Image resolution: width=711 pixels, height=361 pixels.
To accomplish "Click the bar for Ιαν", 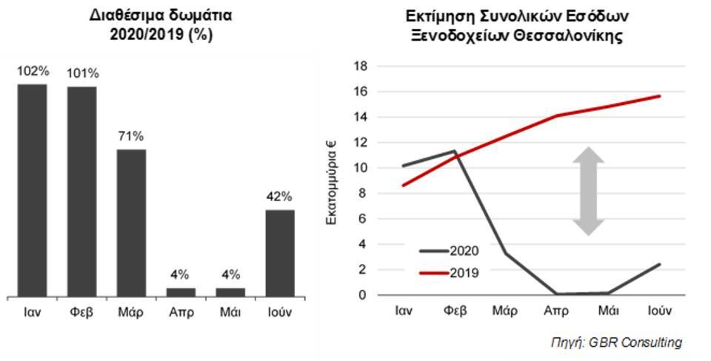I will (x=32, y=190).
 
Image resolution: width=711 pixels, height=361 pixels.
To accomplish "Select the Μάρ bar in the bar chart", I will (x=131, y=223).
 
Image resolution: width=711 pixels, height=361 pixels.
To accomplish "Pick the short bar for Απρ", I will (x=181, y=292).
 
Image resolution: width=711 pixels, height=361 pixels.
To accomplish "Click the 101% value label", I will (x=82, y=72).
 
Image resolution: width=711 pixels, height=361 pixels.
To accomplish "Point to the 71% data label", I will (x=131, y=136).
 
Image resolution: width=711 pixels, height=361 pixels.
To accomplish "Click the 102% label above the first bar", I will (x=33, y=71).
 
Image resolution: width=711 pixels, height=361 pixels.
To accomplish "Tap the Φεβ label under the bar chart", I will (x=82, y=311).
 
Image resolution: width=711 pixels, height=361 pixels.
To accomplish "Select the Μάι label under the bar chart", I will (x=230, y=311).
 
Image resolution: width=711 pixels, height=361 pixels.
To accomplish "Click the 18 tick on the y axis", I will (x=361, y=67).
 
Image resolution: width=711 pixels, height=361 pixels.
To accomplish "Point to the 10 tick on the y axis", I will (x=361, y=168).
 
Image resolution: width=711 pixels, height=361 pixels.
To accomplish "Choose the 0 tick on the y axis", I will (x=364, y=295).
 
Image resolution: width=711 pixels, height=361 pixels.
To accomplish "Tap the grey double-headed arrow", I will (x=587, y=191).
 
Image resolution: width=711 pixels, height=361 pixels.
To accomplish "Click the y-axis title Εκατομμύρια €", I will (x=333, y=180).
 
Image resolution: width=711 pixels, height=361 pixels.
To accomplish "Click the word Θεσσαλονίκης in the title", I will (x=567, y=36).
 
